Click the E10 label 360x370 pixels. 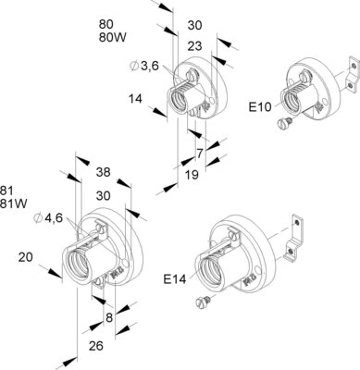click(x=260, y=107)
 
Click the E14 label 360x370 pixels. click(x=175, y=279)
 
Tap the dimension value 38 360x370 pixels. click(x=103, y=172)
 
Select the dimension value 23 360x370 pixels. click(x=194, y=46)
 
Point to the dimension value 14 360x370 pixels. click(x=135, y=99)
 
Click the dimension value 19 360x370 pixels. click(x=192, y=175)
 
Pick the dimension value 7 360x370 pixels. click(x=200, y=154)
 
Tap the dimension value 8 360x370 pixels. click(x=109, y=317)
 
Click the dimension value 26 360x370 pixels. click(x=95, y=346)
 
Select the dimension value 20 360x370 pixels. click(x=26, y=257)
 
